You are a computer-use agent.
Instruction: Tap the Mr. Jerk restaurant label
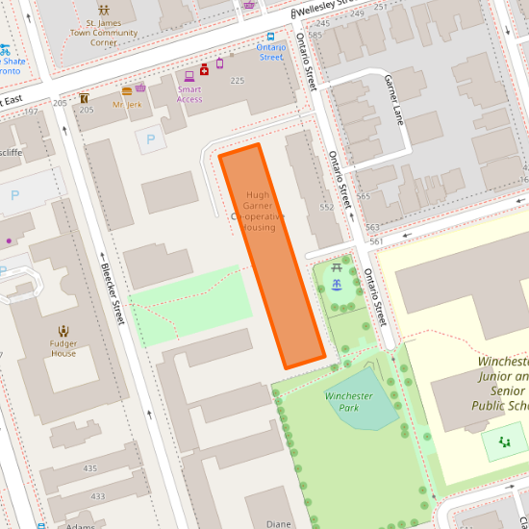click(127, 104)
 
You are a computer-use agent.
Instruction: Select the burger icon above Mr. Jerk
click(127, 89)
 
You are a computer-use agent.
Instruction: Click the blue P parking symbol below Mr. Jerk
click(149, 140)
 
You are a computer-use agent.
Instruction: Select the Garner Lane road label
click(394, 100)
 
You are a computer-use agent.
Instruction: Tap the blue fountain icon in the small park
click(337, 286)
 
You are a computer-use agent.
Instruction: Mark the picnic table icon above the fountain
click(337, 268)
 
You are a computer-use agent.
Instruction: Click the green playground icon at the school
click(504, 443)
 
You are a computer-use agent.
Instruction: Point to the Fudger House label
click(63, 347)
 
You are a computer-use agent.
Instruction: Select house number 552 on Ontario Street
click(326, 207)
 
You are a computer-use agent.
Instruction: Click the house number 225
click(238, 81)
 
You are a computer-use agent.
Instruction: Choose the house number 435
click(90, 468)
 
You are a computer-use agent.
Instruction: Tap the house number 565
click(363, 196)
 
